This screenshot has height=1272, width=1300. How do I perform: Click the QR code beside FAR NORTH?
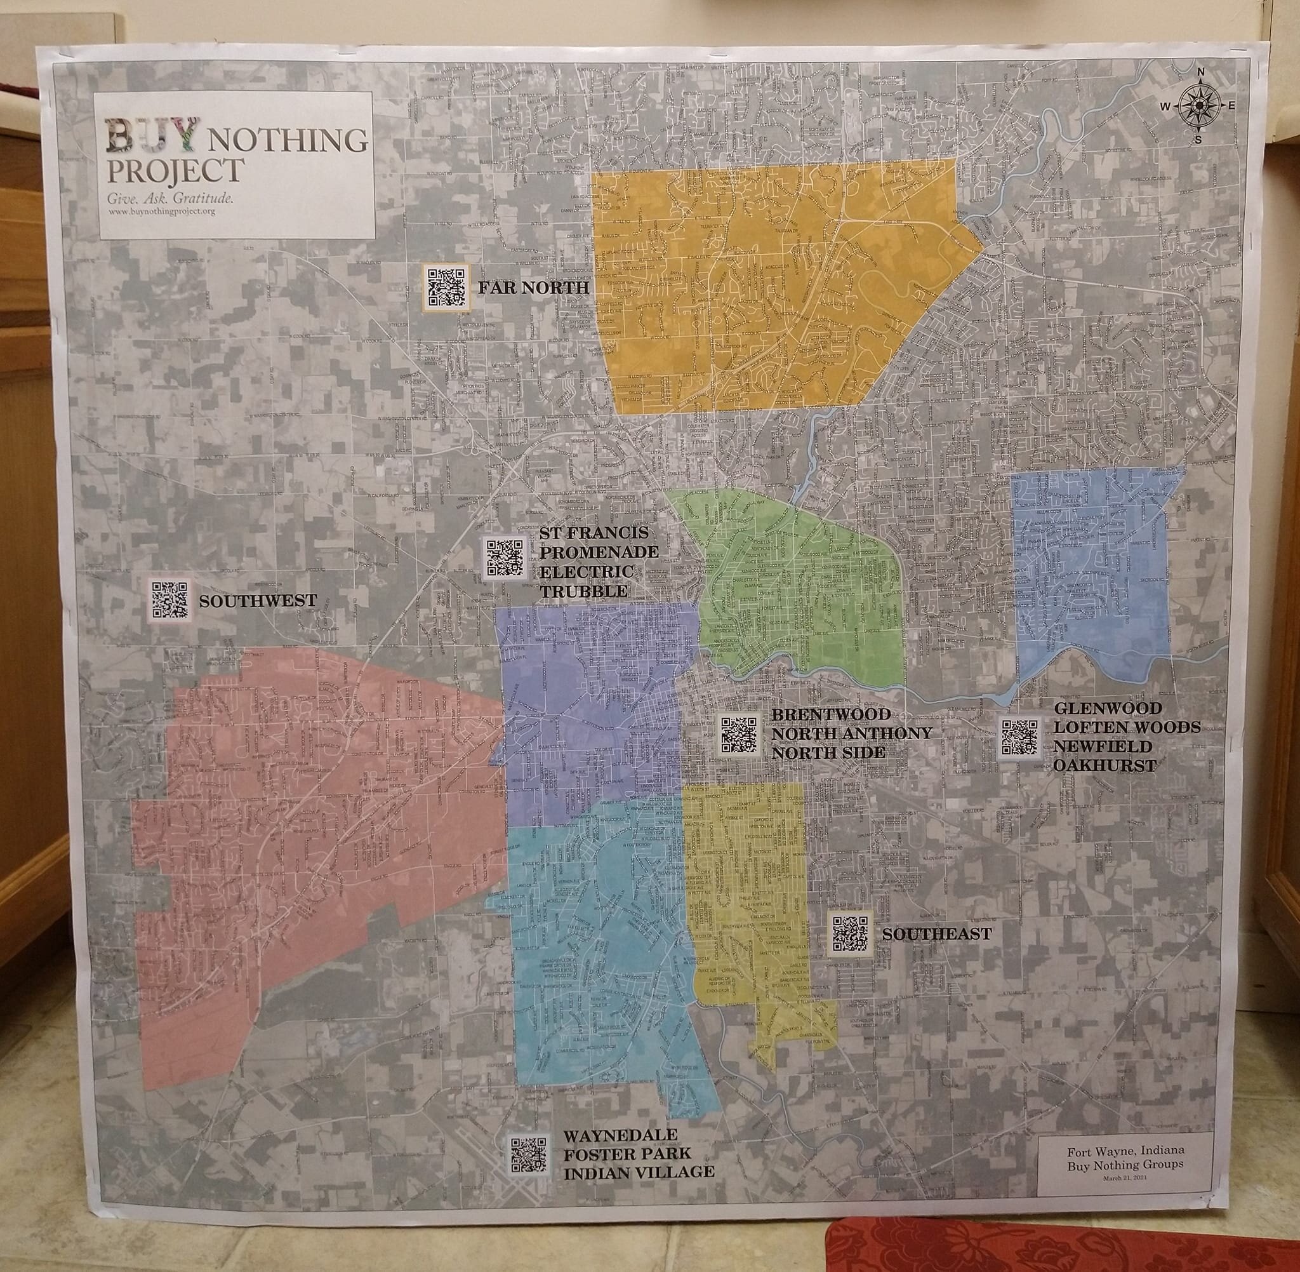click(x=447, y=286)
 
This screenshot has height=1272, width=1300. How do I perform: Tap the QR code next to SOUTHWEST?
click(x=168, y=599)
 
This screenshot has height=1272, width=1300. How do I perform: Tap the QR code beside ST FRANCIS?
click(x=504, y=557)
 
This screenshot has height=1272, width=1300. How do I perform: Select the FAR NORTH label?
click(x=533, y=288)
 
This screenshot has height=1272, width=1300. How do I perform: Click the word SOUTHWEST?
click(x=258, y=601)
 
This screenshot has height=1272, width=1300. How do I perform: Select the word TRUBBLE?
click(x=583, y=592)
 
